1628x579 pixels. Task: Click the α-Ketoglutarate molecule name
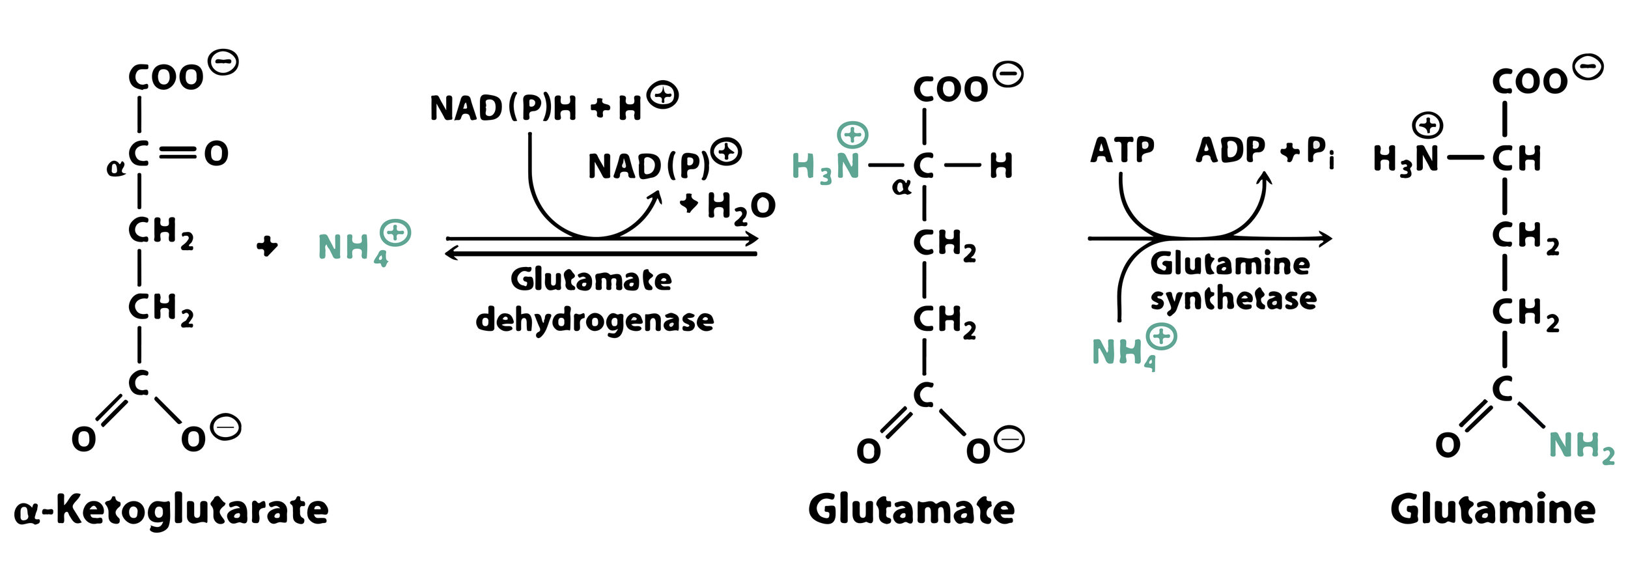tap(171, 509)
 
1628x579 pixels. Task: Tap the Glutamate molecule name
tap(911, 509)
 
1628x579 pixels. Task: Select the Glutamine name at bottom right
tap(1493, 509)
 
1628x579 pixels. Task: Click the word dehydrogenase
tap(595, 320)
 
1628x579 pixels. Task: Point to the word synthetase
tap(1233, 299)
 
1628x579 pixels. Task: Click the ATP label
tap(1122, 150)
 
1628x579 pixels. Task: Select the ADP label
tap(1229, 150)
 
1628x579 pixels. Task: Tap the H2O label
tap(740, 207)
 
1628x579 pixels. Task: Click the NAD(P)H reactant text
tap(503, 108)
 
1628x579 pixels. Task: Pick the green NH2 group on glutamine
tap(1580, 447)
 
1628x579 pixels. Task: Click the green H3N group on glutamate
tap(825, 167)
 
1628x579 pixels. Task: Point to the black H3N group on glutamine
tap(1405, 159)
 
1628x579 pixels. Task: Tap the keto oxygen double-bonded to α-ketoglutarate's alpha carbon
tap(216, 154)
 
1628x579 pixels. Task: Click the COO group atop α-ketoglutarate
tap(166, 78)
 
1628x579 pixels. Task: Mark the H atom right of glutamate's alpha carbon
tap(1001, 166)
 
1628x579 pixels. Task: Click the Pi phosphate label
tap(1320, 152)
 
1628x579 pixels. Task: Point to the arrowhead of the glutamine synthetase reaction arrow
tap(1326, 239)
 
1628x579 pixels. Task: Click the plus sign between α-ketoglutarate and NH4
tap(267, 246)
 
